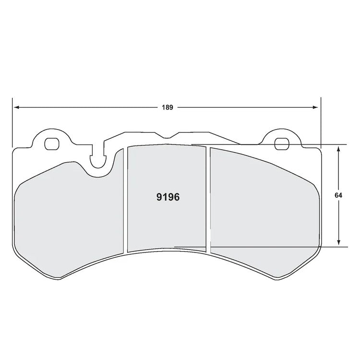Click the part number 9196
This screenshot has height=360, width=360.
(168, 197)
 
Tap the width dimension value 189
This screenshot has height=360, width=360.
(167, 107)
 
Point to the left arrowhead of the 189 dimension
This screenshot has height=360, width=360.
(15, 107)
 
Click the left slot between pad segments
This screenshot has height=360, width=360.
(126, 199)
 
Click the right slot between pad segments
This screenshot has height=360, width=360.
(208, 199)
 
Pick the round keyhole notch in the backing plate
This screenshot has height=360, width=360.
(99, 161)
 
